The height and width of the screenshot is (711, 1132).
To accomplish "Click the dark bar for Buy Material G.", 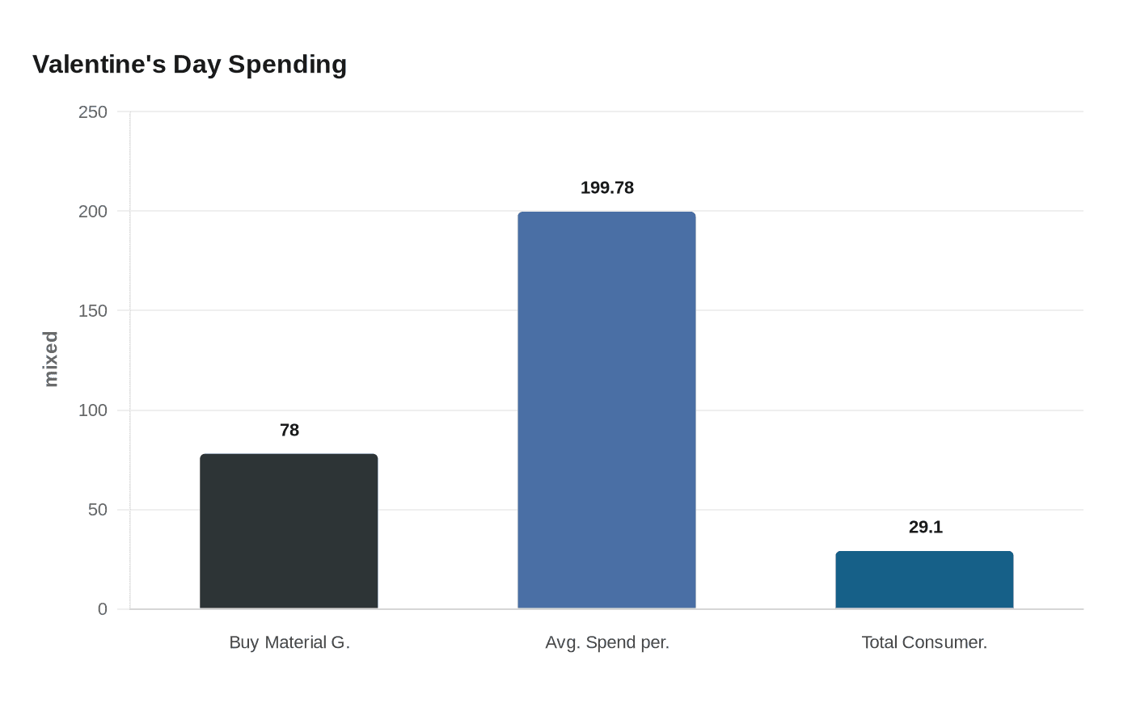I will coord(289,531).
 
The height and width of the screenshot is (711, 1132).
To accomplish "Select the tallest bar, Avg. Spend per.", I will coord(606,410).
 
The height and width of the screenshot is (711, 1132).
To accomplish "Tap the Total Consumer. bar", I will coord(924,579).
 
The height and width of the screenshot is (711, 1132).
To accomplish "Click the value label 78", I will coord(289,431).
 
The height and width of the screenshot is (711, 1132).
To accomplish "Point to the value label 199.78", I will coord(606,188).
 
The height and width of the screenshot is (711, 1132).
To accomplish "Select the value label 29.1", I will coord(925,528).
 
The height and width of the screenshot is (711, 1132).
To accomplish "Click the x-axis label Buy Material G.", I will coord(289,642).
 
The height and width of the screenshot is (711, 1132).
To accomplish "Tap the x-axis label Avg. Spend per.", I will coord(606,642).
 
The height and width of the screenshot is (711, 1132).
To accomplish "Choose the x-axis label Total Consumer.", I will coord(924,642).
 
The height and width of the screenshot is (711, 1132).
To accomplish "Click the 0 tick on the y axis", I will coord(102,609).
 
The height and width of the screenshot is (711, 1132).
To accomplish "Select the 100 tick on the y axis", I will coord(92,410).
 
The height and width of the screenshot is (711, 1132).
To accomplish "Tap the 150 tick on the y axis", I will coord(92,311).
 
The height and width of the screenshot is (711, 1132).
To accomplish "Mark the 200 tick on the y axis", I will coord(92,212).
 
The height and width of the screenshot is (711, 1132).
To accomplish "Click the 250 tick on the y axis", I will coord(92,112).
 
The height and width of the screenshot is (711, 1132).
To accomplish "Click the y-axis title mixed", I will coord(51,359).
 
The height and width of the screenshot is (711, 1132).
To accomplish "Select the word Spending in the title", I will coord(287,64).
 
